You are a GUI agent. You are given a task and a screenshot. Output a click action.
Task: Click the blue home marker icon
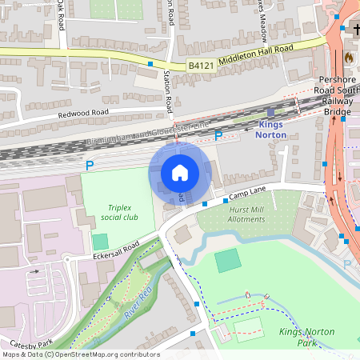coord(180,173)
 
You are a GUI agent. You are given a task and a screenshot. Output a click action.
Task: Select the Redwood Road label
coord(82,114)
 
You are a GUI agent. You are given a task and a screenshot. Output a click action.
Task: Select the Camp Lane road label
coord(246,193)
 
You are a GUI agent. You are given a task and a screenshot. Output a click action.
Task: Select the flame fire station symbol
coord(349,58)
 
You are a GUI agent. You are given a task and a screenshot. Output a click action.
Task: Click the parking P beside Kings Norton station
coord(219,136)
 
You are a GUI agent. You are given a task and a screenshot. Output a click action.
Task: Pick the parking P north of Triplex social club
coord(90,166)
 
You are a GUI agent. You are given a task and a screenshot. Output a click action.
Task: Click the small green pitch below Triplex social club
coord(100,241)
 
